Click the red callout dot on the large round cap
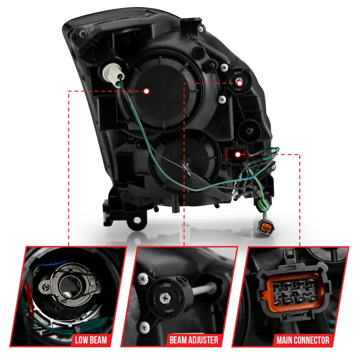pos(146,91)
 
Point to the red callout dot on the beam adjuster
pos(239,83)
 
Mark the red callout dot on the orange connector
pos(237,155)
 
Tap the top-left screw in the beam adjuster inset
pos(143,279)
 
